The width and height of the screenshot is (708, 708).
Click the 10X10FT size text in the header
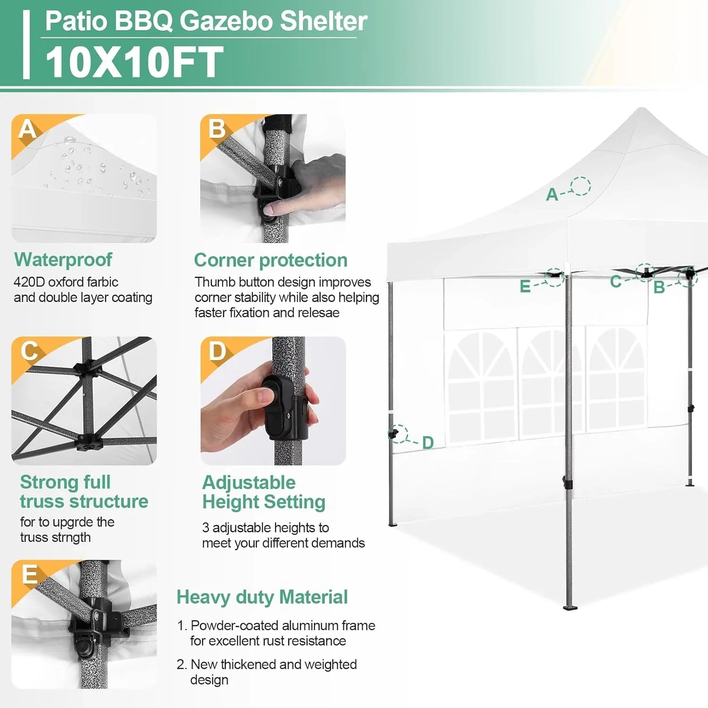tap(134, 62)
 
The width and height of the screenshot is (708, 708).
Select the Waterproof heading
tap(63, 260)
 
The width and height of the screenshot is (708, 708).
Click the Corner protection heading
tap(270, 260)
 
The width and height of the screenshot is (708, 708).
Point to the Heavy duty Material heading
tap(262, 597)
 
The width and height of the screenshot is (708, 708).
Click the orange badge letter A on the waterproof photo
tap(27, 129)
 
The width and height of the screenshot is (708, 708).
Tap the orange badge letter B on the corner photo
tap(217, 129)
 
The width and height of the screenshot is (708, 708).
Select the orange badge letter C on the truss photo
tap(29, 351)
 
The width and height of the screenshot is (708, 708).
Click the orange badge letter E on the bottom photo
tap(29, 574)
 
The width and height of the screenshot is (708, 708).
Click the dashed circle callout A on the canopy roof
tap(580, 186)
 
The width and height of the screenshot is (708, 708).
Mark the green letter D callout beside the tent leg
tap(428, 443)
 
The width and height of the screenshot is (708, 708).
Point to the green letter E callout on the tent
tap(525, 287)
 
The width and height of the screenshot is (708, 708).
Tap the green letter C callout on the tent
tap(615, 281)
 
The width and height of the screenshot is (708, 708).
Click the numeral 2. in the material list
tap(182, 665)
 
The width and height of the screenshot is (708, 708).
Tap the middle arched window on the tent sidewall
tap(551, 382)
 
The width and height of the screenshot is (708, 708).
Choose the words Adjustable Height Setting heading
tap(263, 492)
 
